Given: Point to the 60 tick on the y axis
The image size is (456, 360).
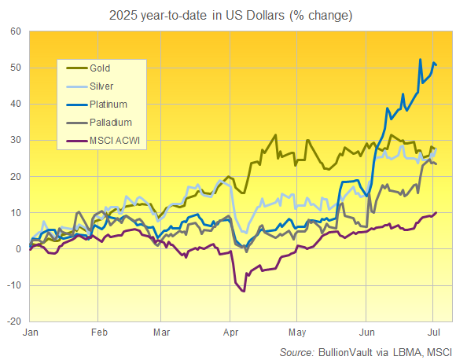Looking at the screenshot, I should click(15, 31).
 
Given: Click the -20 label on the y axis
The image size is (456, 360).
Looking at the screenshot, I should click(13, 321).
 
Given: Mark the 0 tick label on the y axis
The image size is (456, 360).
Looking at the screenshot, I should click(18, 249).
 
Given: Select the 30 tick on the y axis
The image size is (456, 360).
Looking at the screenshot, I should click(15, 140).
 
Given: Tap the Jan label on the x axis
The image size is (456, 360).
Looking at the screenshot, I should click(30, 332).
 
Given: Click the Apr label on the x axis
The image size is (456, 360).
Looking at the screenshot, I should click(230, 332).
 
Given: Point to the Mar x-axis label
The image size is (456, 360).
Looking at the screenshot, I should click(161, 332).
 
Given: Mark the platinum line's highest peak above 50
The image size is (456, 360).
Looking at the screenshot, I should click(421, 59).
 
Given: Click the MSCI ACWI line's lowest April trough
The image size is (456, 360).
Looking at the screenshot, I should click(244, 291).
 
